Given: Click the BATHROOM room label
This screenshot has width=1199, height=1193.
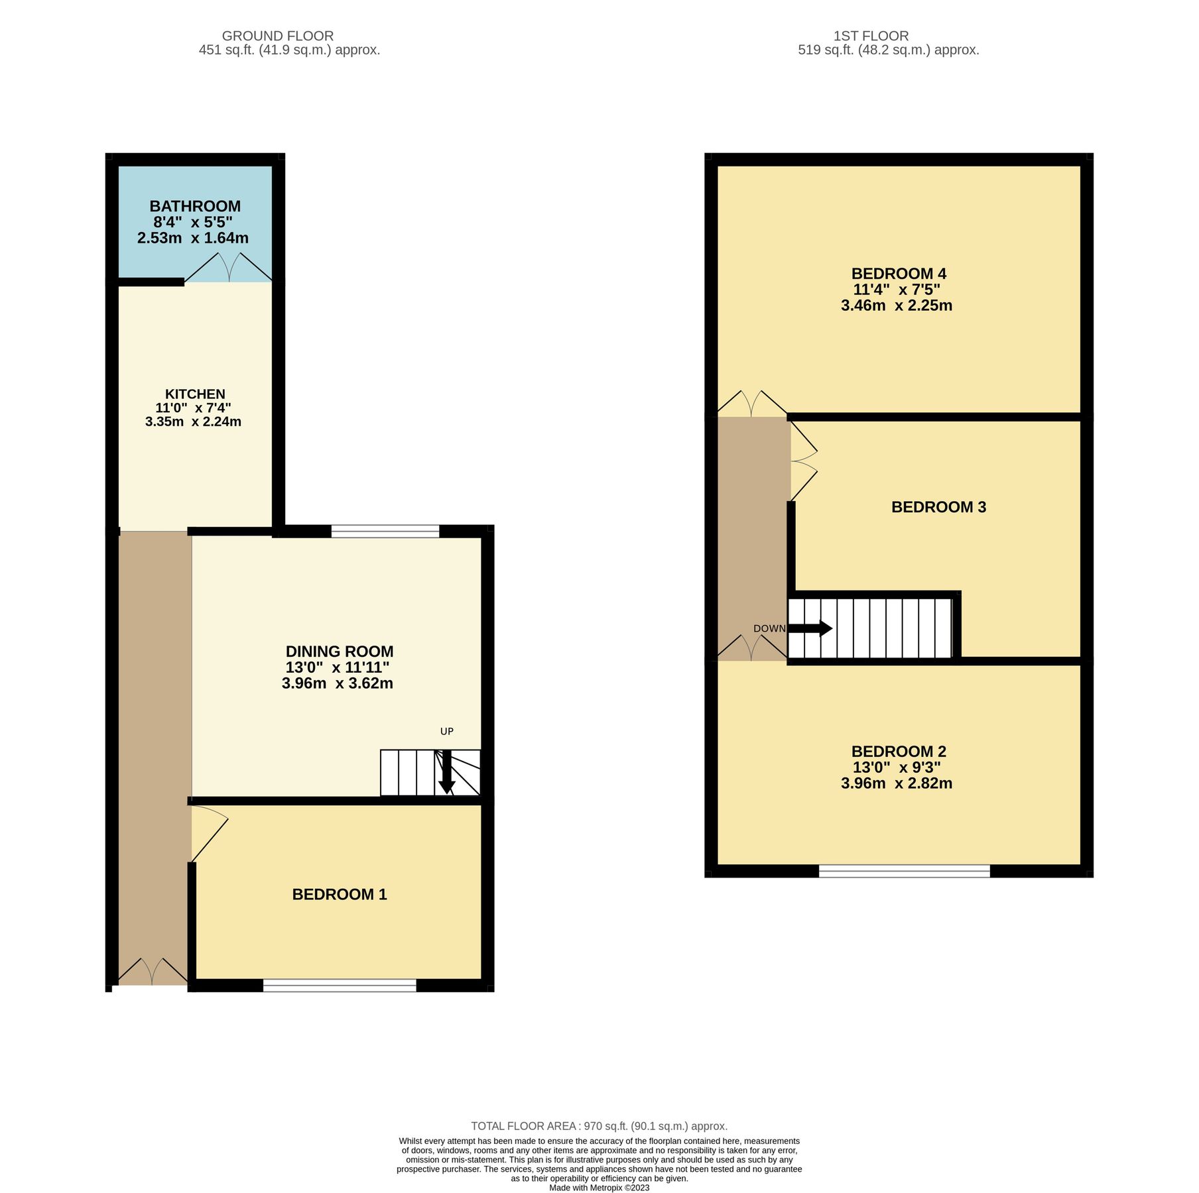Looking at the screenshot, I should coord(194,206).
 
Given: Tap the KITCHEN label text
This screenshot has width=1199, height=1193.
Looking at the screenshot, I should coord(194,394).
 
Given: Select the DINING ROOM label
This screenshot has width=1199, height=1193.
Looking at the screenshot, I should coord(339,652).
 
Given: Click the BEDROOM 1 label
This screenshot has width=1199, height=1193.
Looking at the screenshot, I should coord(339,895).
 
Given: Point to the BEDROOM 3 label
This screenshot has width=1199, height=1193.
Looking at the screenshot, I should coord(938,507).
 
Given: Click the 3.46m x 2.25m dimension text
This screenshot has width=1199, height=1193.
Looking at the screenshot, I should coord(896,306).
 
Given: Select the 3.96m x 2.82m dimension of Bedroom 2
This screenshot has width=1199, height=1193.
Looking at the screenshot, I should coord(896,783).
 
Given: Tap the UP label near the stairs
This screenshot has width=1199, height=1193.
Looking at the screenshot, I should coord(446,732).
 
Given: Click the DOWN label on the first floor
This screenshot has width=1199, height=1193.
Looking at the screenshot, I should coord(769,628).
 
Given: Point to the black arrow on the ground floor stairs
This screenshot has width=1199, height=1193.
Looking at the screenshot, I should coord(446,773).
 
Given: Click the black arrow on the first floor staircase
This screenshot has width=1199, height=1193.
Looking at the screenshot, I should coord(810,628).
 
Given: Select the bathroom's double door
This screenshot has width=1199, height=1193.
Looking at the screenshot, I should coord(228,268).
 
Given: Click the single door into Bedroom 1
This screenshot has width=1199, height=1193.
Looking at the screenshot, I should coord(208,833).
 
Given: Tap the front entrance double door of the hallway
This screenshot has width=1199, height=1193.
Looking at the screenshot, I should coord(153,972).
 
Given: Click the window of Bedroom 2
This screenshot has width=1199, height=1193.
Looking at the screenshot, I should coord(903,872).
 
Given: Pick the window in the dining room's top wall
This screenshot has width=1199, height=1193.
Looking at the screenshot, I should coord(385,531).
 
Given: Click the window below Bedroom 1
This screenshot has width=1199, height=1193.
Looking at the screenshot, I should coord(339,986).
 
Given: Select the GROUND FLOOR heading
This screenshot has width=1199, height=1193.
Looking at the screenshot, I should coord(277,36).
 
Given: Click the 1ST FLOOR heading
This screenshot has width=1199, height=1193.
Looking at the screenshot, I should coord(871,36).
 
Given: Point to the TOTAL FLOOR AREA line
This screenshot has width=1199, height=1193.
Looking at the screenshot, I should coord(599,1126).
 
